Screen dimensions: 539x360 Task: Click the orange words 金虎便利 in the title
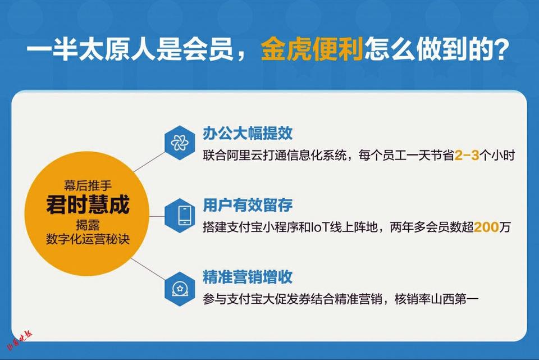coord(312,49)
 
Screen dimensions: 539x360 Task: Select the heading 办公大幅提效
coord(248,134)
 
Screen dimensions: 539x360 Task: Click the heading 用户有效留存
coord(248,205)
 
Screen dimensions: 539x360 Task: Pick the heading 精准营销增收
coord(248,277)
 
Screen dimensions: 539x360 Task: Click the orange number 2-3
coord(467,156)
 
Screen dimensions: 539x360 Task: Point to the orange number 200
coord(486,227)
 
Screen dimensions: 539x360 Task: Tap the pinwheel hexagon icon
coord(180,143)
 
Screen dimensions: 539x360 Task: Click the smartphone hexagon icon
coord(180,215)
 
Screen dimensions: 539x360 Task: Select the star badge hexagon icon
coord(180,289)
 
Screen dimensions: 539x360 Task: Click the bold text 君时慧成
coord(88,204)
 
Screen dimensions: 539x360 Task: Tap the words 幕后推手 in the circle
coord(88,186)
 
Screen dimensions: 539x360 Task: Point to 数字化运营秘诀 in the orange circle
coord(88,239)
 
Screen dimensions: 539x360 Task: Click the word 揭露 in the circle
coord(88,225)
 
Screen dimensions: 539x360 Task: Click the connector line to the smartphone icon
coord(157,216)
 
